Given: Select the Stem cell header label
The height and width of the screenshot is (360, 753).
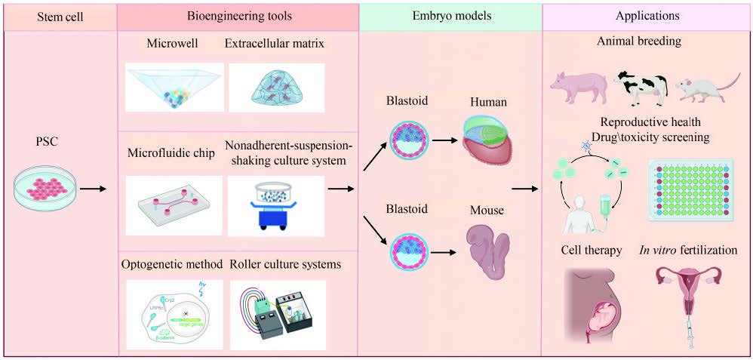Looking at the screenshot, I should point(61,15).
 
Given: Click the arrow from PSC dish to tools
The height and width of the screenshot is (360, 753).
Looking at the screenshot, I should point(92,187).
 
